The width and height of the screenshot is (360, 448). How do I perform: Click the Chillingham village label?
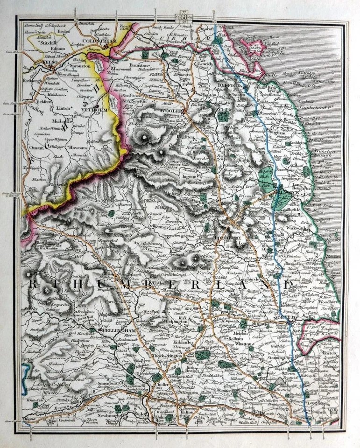[x=232, y=107]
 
